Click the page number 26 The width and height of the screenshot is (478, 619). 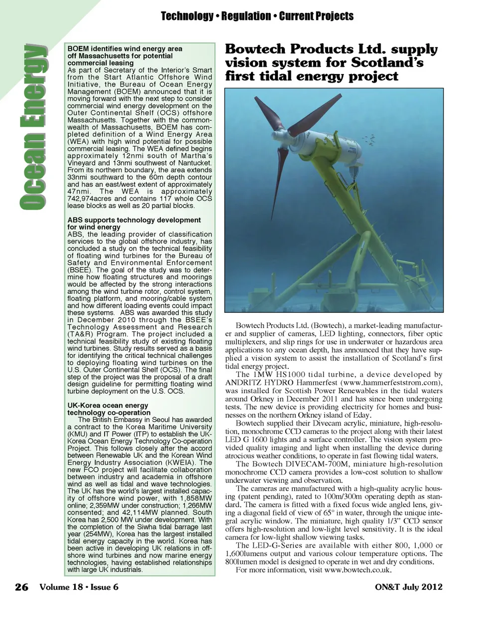pos(21,587)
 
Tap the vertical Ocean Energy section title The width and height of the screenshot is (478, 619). pos(33,127)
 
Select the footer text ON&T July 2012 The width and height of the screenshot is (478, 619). pos(408,587)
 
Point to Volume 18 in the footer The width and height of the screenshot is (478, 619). pos(61,587)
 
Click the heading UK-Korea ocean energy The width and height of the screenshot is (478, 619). pos(108,405)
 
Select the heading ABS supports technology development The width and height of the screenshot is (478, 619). pos(134,220)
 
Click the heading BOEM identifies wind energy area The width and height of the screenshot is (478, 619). pos(124,49)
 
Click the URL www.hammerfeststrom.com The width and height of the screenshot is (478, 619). pos(392,383)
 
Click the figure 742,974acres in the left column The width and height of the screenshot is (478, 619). pos(90,198)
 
